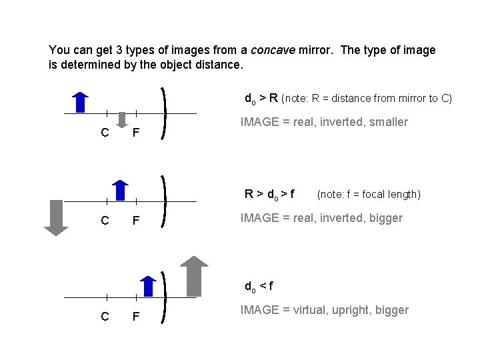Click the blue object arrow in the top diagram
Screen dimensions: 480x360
point(80,102)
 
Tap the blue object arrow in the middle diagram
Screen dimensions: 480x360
point(120,190)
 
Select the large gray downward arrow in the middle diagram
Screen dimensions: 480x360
point(56,217)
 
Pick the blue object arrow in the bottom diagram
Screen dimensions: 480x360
point(149,285)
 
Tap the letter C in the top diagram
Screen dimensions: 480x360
point(105,133)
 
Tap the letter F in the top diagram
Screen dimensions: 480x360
point(135,133)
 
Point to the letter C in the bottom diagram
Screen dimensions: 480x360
point(105,316)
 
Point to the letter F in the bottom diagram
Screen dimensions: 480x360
point(135,316)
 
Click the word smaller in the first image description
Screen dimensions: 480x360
point(387,122)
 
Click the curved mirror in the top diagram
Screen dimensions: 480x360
point(164,113)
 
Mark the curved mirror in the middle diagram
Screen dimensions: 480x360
point(164,200)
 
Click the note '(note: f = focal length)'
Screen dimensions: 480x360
point(369,195)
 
